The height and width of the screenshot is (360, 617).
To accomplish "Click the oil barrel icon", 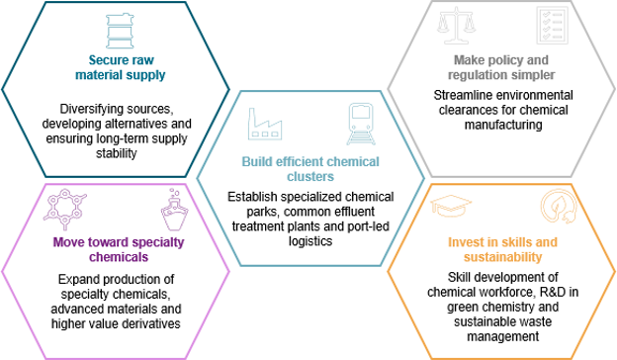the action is point(120,31).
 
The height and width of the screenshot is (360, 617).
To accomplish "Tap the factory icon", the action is point(265,124).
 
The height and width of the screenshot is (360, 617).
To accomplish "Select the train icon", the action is point(361,124).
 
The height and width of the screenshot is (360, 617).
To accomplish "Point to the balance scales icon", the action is point(456,25).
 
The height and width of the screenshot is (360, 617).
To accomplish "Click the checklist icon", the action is point(552,25).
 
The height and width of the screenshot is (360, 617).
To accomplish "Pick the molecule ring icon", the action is point(65,209).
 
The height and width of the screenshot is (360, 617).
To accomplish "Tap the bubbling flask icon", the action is point(174,210).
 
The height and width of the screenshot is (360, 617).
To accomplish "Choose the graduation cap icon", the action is point(451,206).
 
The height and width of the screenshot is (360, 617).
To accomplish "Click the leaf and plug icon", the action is point(559,206).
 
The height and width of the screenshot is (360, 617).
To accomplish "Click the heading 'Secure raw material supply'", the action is point(121,67).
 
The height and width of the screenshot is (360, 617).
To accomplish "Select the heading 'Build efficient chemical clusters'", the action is point(310,169).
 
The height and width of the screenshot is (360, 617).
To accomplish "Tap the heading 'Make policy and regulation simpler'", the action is point(501,67).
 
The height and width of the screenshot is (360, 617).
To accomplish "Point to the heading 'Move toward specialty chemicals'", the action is point(119,249).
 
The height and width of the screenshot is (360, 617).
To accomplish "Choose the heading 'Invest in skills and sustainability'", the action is point(502,249).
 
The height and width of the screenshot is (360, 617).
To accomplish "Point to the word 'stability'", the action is point(116,153).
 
